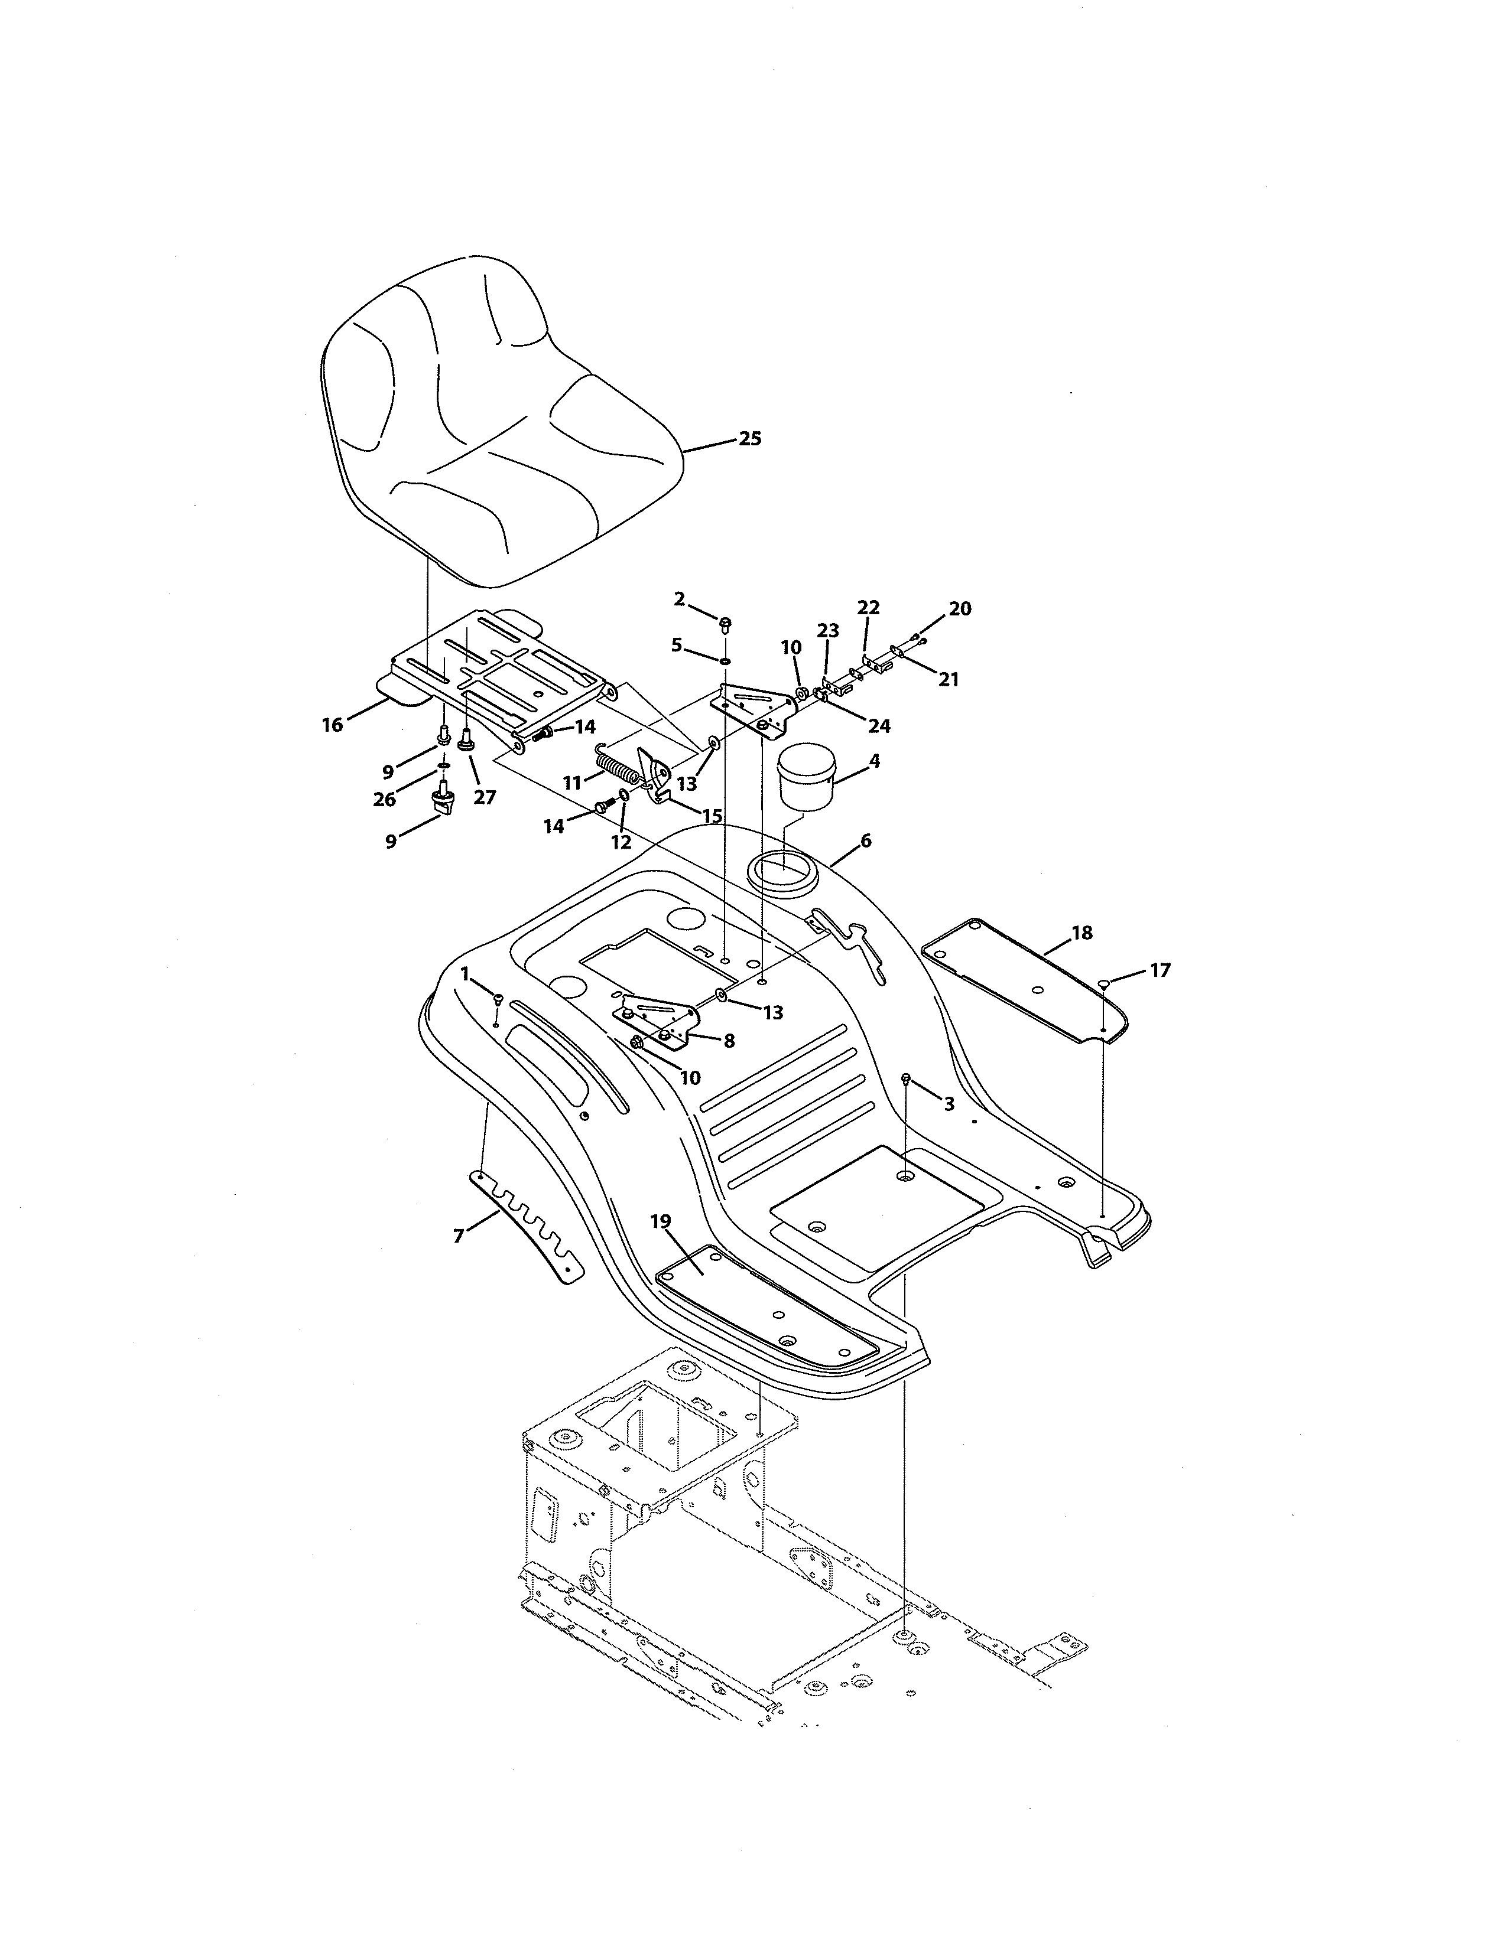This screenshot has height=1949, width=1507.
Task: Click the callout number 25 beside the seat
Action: [x=750, y=439]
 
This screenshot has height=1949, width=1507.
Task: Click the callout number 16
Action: [x=332, y=725]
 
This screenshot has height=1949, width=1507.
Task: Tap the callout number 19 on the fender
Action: [x=661, y=1222]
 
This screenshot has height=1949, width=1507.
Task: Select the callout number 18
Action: [x=1081, y=933]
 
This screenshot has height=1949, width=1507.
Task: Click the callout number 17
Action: [x=1160, y=970]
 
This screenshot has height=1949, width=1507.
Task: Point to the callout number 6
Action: [x=865, y=840]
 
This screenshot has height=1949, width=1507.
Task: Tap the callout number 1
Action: [x=465, y=973]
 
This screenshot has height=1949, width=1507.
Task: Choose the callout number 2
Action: [x=680, y=599]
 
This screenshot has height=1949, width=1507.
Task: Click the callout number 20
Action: [x=960, y=608]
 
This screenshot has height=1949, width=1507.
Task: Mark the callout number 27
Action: [x=484, y=797]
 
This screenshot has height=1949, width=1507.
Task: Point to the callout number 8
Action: [x=729, y=1041]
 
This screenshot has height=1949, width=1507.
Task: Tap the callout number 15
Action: [x=712, y=816]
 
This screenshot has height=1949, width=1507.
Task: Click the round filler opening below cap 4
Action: [x=784, y=868]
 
